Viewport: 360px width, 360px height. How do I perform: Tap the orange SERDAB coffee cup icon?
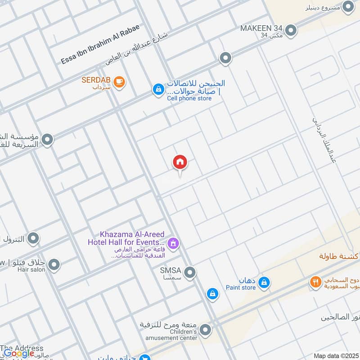119,81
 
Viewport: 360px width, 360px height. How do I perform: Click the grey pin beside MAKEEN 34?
291,31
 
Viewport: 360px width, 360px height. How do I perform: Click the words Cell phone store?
189,98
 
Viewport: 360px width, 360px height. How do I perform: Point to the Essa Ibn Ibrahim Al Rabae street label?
100,44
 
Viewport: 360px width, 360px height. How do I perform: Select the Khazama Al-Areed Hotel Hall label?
126,238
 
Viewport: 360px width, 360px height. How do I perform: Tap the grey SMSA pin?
190,272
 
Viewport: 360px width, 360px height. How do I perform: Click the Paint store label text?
241,288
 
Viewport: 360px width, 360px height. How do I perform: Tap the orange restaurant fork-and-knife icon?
315,282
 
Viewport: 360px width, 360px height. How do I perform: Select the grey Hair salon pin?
54,265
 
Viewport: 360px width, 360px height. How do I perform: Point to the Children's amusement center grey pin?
205,330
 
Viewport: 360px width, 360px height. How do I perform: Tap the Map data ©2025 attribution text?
335,356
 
